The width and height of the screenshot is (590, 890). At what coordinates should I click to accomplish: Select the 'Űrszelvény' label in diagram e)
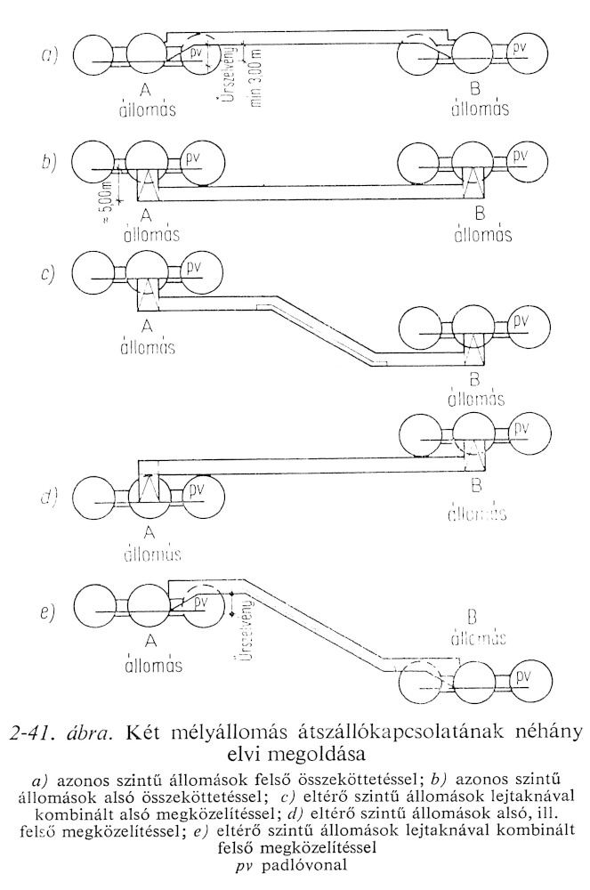point(256,628)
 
